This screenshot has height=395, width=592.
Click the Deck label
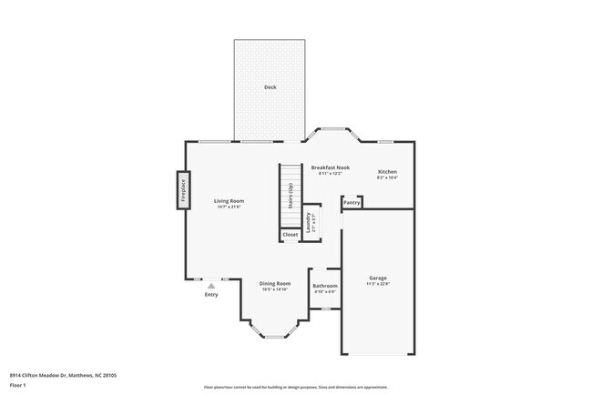click(x=270, y=87)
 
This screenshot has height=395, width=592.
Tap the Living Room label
click(x=229, y=200)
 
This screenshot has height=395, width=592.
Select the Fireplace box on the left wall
click(x=183, y=190)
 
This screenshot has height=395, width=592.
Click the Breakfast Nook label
click(x=330, y=167)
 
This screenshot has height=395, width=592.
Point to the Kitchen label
click(x=387, y=171)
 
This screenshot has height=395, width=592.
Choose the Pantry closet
click(x=352, y=202)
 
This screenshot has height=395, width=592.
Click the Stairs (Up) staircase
click(x=290, y=196)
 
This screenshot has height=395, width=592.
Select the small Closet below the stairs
click(x=290, y=235)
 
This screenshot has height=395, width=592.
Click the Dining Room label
click(x=275, y=283)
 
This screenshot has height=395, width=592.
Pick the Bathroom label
click(x=325, y=286)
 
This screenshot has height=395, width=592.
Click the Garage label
click(x=378, y=278)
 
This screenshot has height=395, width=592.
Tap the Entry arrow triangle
click(x=211, y=286)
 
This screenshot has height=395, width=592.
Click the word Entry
click(x=211, y=294)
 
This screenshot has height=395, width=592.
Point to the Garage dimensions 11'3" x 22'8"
click(x=378, y=284)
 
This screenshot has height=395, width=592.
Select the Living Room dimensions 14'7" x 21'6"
click(x=229, y=207)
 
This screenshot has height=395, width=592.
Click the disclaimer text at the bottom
click(x=296, y=386)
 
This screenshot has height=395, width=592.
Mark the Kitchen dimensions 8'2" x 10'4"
click(x=387, y=177)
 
